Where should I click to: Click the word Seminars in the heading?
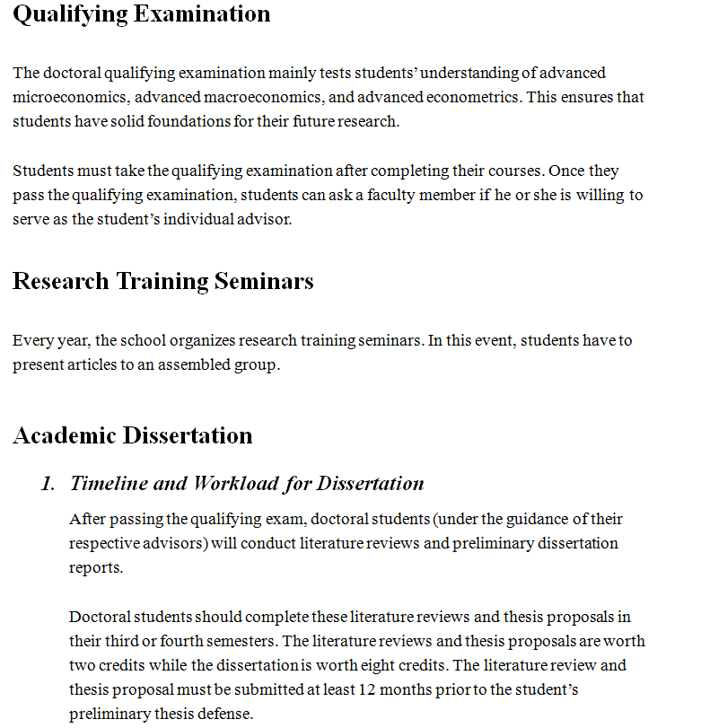coord(264,281)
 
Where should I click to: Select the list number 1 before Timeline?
coord(47,484)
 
